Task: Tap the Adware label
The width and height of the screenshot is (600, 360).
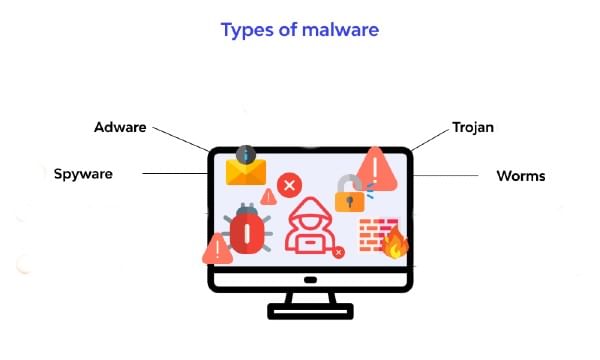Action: pos(122,128)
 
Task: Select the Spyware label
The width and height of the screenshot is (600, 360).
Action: pos(83,174)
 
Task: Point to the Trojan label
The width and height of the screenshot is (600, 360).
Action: pos(473,129)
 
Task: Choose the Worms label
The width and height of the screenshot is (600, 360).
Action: pos(521,176)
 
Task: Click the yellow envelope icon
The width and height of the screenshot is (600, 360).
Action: pos(245,171)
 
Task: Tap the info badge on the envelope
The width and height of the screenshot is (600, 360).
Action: pos(246,154)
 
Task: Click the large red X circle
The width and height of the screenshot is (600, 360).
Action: pos(289,185)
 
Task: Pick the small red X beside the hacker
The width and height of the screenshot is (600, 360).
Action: pos(338,252)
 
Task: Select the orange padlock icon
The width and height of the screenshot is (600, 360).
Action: pos(348,194)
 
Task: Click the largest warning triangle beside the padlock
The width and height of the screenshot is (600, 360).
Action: pos(377,167)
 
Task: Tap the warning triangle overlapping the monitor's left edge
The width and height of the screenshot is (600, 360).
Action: pos(216,248)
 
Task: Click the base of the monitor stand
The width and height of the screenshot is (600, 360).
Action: pos(309,312)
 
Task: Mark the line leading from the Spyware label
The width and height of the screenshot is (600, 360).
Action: pos(175,174)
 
